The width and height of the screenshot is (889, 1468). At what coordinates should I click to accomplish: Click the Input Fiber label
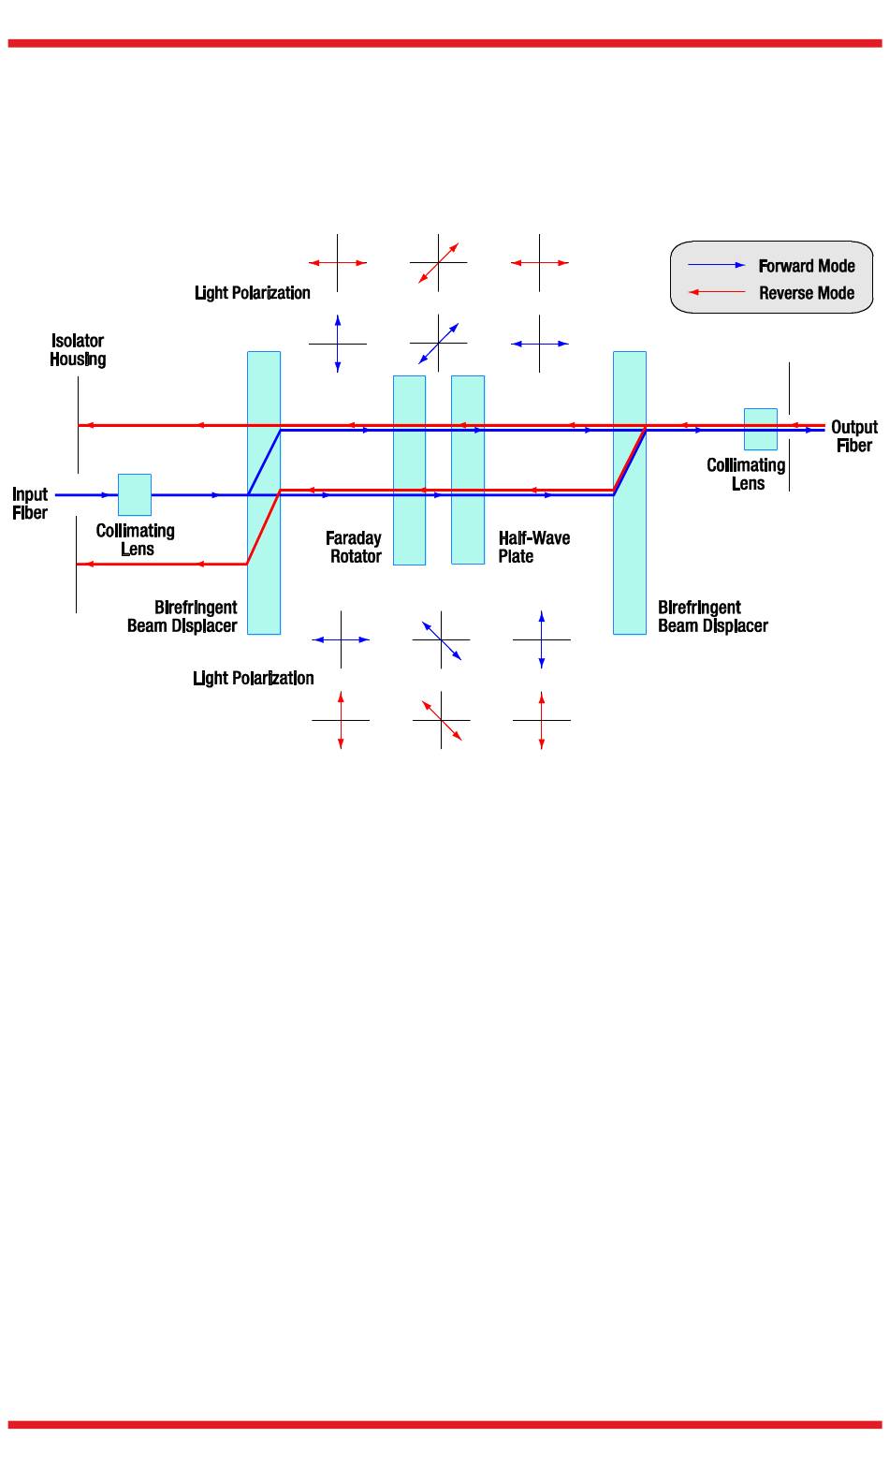tap(30, 504)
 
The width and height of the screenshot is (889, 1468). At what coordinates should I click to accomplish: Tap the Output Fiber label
tap(853, 436)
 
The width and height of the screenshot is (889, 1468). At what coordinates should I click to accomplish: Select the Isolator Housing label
tap(78, 350)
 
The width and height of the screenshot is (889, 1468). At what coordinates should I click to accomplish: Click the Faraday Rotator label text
tap(354, 547)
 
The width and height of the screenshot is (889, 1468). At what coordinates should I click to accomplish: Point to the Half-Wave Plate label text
tap(533, 547)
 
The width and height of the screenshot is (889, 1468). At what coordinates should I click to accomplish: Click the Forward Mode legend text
tap(806, 266)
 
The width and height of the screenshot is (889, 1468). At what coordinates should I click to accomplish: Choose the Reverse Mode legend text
tap(806, 293)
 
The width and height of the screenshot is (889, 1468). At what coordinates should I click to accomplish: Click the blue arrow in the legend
tap(717, 266)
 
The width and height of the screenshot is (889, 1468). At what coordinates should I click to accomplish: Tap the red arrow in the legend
tap(717, 293)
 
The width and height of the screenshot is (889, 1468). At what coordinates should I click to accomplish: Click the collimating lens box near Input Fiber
tap(135, 494)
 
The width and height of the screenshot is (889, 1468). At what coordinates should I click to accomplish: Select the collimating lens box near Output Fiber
tap(760, 429)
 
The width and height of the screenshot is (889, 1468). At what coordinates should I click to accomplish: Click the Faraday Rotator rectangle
tap(409, 470)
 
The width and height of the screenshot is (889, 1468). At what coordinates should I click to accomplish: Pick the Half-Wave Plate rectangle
tap(468, 470)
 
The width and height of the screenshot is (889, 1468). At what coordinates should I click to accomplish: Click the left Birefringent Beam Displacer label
tap(183, 617)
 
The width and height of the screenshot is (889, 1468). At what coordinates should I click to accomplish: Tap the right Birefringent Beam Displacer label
tap(712, 617)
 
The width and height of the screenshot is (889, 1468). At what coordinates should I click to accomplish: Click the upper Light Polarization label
tap(253, 293)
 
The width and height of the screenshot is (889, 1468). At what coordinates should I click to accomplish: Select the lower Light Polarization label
tap(253, 678)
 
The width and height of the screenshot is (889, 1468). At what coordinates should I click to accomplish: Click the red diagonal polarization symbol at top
tap(438, 263)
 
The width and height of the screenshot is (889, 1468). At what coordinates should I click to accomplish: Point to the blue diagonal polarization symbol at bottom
tap(441, 640)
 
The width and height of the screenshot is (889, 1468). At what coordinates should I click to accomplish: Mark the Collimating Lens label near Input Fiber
tap(136, 540)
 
